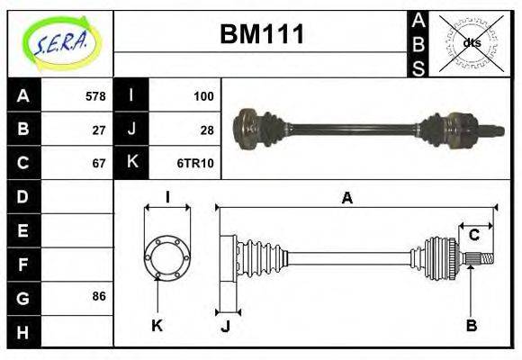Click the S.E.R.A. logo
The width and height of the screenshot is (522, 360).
pos(60,42)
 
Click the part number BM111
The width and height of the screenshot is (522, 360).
pos(262,35)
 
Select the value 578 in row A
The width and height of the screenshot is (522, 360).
pos(95,95)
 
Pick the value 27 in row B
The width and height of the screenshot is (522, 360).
pos(99,129)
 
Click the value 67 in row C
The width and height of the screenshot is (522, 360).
pos(99,163)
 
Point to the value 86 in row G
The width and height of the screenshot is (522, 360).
pos(99,296)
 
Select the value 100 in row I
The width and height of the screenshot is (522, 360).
pos(203,95)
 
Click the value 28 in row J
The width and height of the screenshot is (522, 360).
pos(207,129)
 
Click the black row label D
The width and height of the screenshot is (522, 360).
pos(23,196)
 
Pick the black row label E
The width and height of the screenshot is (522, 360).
pos(23,230)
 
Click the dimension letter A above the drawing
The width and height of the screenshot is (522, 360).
pos(346,198)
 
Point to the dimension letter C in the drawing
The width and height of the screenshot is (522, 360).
pos(473,236)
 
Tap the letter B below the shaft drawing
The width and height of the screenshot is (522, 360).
pos(471,325)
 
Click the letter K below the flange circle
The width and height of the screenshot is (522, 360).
pos(157,325)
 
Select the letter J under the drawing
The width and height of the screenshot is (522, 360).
pos(225,325)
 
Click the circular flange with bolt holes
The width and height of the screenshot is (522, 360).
pos(166,256)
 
